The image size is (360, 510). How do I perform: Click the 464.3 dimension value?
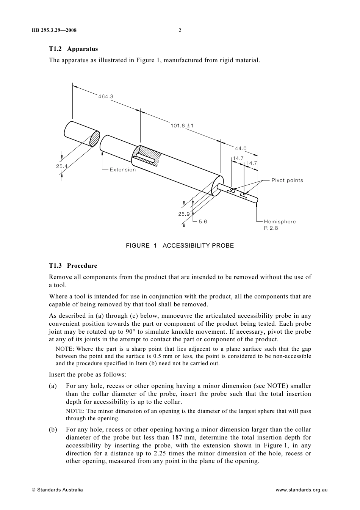click(106, 96)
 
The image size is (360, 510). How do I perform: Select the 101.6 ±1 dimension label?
click(182, 126)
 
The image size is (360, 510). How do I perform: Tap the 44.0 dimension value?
click(241, 148)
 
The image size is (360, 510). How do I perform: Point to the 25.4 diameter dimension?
click(62, 166)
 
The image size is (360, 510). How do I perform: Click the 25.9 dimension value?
click(184, 214)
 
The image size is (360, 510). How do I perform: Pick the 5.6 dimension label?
click(203, 221)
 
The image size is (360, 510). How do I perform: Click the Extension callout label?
click(122, 169)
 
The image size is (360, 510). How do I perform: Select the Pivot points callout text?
click(287, 180)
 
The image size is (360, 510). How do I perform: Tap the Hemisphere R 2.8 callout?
click(279, 224)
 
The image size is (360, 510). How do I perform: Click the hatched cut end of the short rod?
click(95, 138)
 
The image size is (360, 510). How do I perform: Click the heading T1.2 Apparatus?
click(73, 49)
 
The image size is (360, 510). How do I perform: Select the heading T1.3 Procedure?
click(73, 265)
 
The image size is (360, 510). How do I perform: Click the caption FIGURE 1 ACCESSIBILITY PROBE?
click(180, 245)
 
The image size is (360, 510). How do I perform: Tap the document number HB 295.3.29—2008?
click(54, 30)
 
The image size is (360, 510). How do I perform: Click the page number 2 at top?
click(180, 30)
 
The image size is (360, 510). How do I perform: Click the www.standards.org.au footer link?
click(301, 490)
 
